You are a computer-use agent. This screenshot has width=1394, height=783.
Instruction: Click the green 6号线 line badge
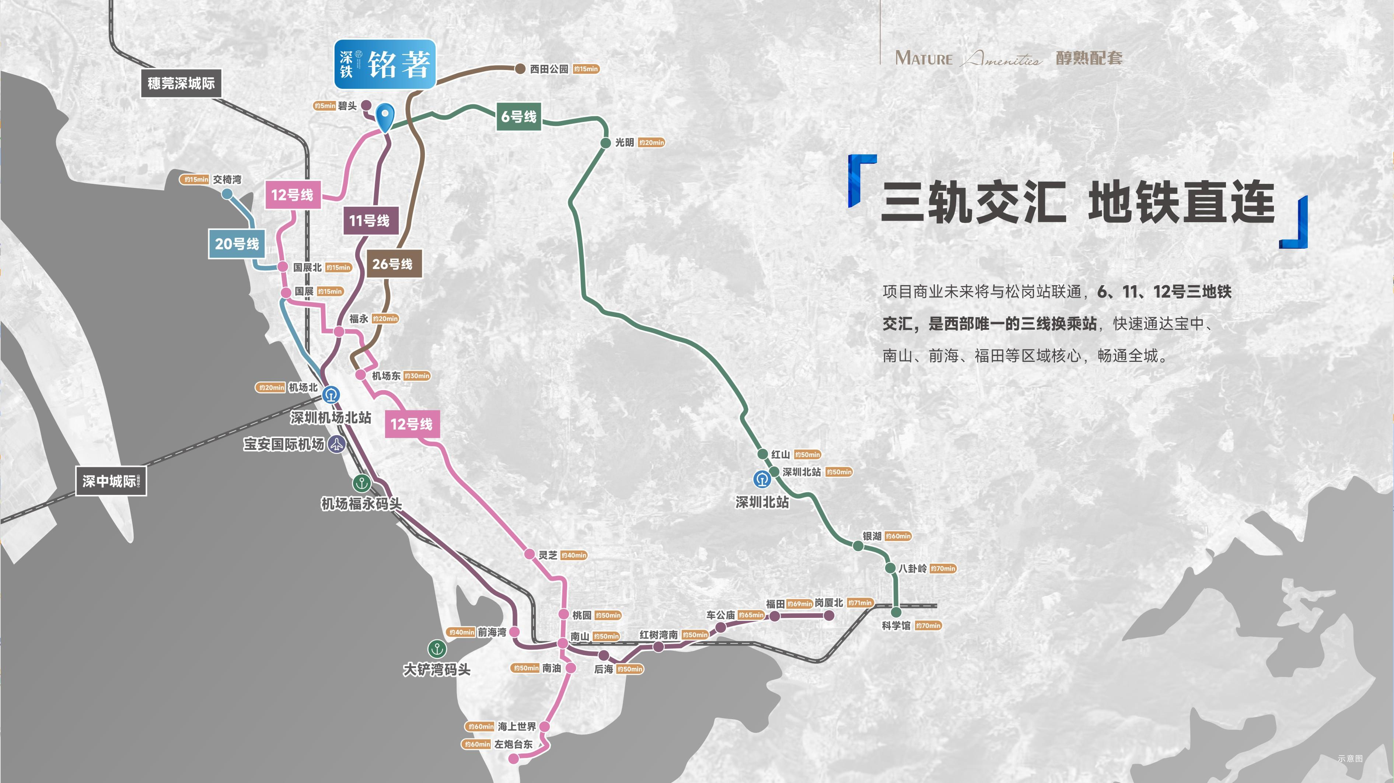tap(518, 117)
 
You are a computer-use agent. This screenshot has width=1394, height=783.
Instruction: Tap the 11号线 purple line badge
tap(370, 220)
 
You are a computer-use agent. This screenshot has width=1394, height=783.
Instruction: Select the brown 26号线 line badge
tap(394, 264)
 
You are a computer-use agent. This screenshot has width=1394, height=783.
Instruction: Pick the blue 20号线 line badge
tap(237, 244)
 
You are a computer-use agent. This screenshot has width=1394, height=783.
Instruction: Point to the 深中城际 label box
tap(111, 481)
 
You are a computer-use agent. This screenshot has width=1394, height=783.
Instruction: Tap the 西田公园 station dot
tap(520, 69)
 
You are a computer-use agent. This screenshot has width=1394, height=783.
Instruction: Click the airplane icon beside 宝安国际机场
tap(336, 445)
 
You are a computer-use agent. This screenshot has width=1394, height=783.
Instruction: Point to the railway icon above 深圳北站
tap(762, 479)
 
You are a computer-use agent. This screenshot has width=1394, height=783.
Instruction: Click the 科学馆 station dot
tap(896, 612)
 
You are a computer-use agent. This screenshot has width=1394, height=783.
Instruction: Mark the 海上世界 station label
tap(517, 726)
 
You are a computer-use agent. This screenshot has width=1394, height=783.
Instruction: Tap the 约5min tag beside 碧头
tap(325, 106)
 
